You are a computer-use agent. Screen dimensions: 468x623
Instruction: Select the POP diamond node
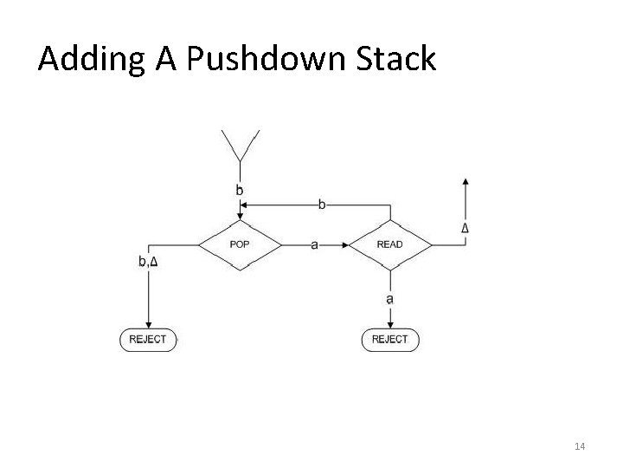click(x=240, y=245)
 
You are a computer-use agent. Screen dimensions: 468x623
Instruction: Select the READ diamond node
click(x=389, y=245)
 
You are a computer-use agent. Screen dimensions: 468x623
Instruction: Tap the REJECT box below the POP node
click(x=148, y=340)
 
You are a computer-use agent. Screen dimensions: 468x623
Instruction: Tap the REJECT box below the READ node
click(x=389, y=340)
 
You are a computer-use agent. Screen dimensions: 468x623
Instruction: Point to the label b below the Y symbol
click(x=240, y=190)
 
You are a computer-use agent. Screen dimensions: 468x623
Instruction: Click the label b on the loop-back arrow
click(x=323, y=205)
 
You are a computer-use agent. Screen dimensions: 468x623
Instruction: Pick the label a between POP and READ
click(x=314, y=245)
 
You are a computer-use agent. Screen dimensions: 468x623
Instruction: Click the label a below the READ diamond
click(x=389, y=299)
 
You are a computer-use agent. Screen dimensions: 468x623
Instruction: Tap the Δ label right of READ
click(x=466, y=229)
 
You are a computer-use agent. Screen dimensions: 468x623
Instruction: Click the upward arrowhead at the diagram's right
click(x=466, y=182)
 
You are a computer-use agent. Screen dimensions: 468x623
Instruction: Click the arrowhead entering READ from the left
click(x=343, y=245)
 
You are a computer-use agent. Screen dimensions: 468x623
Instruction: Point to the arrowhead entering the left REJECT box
click(x=148, y=323)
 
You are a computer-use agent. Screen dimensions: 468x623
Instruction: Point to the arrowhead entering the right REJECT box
click(x=389, y=323)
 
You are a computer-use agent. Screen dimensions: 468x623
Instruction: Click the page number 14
click(x=580, y=445)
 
